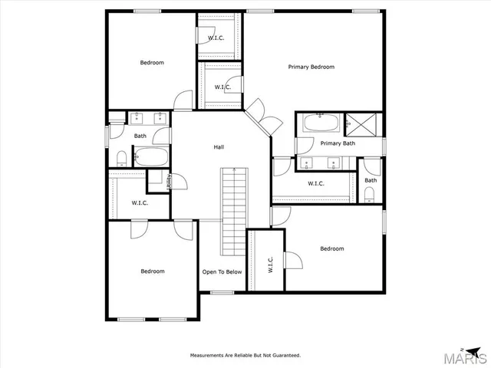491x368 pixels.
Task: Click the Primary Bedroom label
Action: tap(311, 67)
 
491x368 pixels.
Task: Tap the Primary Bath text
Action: tap(338, 143)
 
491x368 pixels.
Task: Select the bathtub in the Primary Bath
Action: tap(319, 123)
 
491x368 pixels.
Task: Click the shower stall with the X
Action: tap(357, 123)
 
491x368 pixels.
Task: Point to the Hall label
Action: tap(219, 146)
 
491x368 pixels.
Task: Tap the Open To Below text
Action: tap(222, 271)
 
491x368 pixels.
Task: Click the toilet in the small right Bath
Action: tap(371, 193)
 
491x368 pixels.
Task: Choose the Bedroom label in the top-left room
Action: tap(151, 62)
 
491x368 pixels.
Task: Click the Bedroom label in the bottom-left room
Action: tap(152, 271)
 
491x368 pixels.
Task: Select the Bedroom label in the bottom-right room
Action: tap(331, 248)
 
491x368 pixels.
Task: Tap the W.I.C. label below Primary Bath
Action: tap(315, 183)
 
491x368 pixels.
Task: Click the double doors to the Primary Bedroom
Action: tap(259, 115)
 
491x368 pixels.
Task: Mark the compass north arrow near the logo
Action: tap(463, 345)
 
